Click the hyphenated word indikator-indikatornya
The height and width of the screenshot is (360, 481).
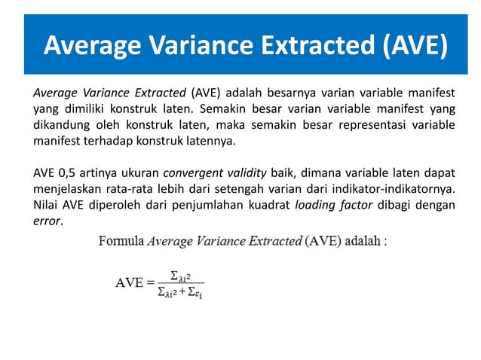pyautogui.click(x=397, y=188)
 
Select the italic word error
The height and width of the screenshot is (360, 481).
pyautogui.click(x=46, y=220)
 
